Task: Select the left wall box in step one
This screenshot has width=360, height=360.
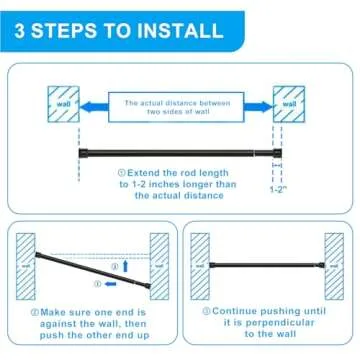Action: click(62, 103)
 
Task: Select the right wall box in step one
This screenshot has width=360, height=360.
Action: click(289, 103)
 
